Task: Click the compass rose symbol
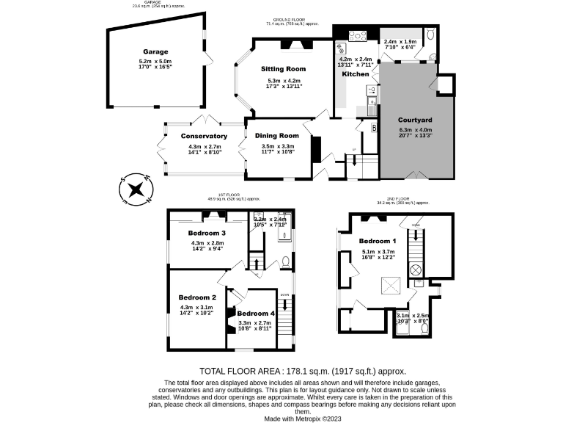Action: point(134,189)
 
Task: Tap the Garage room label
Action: point(155,51)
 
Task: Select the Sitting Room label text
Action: point(284,69)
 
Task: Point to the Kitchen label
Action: point(356,74)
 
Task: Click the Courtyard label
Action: point(415,120)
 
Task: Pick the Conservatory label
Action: point(205,136)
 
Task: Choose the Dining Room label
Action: point(277,135)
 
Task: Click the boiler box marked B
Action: point(373,128)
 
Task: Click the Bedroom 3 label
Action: point(207,233)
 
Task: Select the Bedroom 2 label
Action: point(196,297)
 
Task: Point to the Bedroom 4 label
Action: point(255,314)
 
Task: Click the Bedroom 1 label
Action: point(378,241)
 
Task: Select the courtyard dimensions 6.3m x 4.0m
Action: point(415,131)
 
